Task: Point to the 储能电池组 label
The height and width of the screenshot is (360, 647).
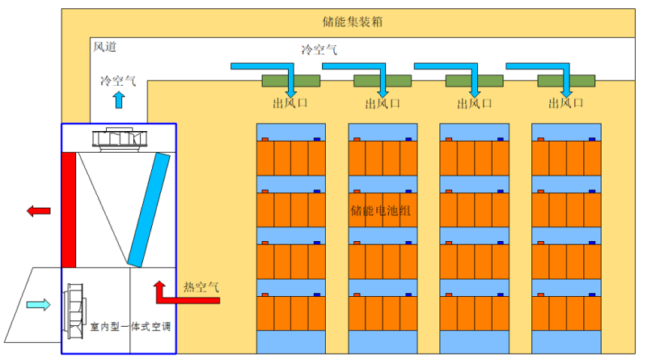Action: point(381,211)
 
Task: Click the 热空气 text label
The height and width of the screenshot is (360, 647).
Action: point(201,286)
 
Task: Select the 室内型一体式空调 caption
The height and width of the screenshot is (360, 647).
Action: point(130,328)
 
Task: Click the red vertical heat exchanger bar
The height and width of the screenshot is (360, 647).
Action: point(69,210)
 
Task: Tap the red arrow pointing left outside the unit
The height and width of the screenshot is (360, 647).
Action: point(38,211)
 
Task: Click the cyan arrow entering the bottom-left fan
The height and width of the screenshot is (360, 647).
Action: point(38,305)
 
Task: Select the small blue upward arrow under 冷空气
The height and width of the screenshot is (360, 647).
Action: point(119,100)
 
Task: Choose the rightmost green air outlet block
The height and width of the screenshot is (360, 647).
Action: point(566,81)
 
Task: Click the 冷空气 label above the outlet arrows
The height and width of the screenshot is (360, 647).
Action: point(319,50)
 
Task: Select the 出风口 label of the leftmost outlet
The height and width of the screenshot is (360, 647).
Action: point(291,104)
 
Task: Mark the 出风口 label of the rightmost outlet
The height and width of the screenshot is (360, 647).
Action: point(566,104)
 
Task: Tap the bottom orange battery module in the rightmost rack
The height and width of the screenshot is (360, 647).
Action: point(565,313)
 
